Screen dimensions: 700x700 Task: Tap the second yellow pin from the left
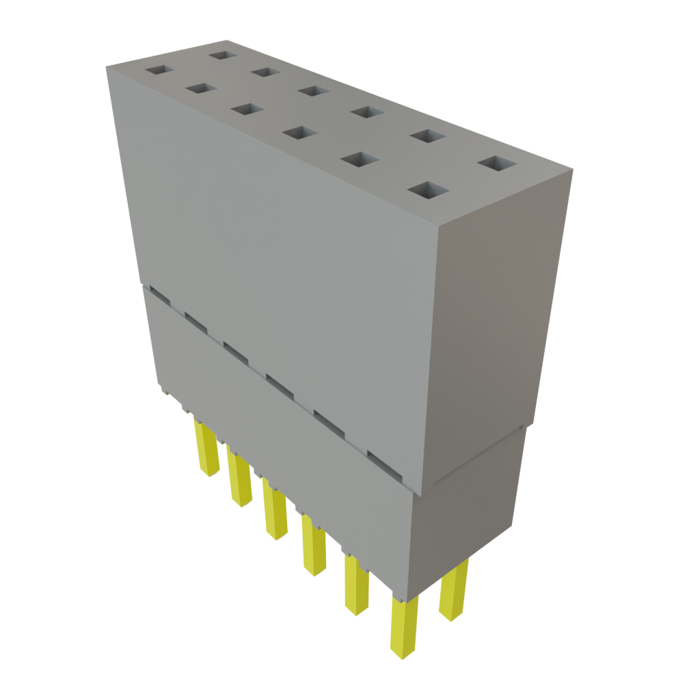240,480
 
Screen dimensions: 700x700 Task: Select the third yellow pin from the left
274,515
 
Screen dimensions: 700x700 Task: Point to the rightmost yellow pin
454,589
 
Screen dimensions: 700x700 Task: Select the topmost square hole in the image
221,55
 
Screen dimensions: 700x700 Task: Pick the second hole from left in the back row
265,72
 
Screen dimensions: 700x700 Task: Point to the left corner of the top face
107,66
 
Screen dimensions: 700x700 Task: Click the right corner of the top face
571,171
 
